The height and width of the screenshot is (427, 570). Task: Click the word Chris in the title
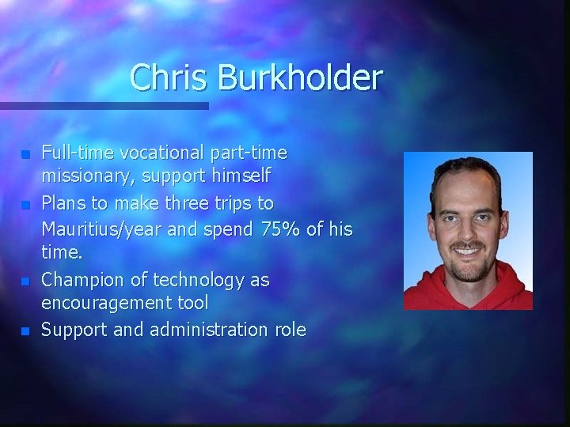coord(161,77)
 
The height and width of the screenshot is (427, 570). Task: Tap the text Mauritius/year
coord(96,229)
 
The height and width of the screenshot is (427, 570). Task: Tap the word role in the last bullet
coord(290,330)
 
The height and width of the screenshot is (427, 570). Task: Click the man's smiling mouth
coord(466,252)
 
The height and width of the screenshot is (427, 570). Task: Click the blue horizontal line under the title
coord(103,105)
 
